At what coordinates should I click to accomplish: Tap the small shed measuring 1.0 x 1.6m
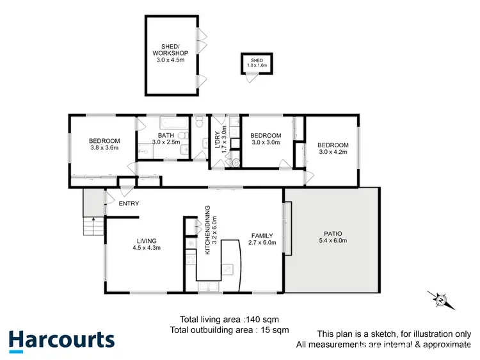tap(256, 63)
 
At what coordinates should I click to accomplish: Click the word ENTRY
tap(129, 204)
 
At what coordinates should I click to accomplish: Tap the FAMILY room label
tap(262, 235)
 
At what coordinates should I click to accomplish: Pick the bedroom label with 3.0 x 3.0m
tap(266, 135)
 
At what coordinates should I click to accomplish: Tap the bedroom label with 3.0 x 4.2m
tap(333, 145)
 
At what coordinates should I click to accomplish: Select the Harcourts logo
tap(61, 340)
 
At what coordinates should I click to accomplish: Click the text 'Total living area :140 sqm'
tap(229, 319)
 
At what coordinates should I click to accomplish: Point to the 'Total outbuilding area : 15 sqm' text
tap(229, 330)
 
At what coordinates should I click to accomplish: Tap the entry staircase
tap(94, 226)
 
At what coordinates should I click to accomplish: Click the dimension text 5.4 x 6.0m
tap(332, 241)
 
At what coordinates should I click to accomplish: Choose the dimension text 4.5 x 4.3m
tap(146, 247)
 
